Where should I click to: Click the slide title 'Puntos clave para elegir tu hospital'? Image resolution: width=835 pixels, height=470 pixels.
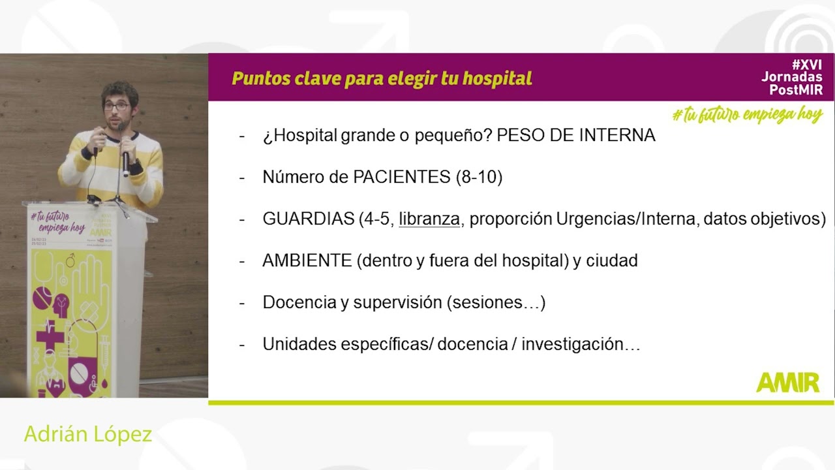coord(382,79)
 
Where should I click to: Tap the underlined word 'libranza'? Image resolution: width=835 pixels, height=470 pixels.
coord(429,219)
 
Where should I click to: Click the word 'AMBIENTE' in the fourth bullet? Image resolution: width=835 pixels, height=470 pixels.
coord(307,260)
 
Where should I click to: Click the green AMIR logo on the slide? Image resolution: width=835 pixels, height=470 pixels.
coord(787,383)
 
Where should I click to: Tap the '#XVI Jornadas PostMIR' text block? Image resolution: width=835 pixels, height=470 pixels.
coord(792,77)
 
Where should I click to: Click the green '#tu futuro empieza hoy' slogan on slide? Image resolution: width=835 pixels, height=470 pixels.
coord(747,115)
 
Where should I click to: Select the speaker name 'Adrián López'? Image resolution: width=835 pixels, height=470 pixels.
coord(88,434)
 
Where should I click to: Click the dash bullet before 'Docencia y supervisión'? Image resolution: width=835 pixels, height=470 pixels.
coord(242,303)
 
